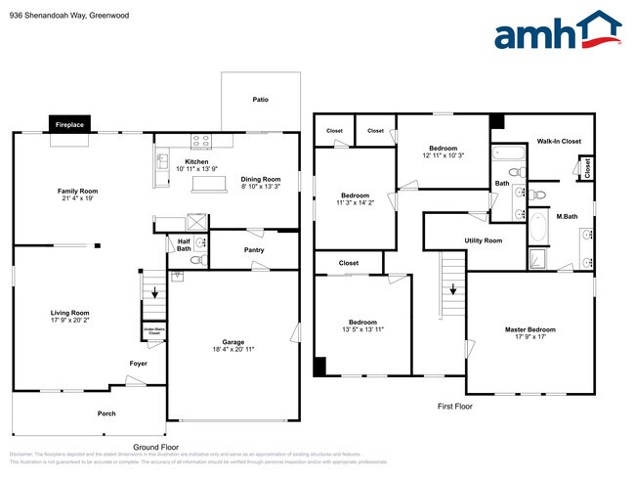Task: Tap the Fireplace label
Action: (x=69, y=125)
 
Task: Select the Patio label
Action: (x=260, y=100)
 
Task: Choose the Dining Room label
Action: (x=261, y=179)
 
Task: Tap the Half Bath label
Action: (x=184, y=245)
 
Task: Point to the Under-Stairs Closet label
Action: (x=154, y=331)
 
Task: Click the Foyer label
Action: (x=139, y=364)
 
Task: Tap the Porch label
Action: (x=106, y=413)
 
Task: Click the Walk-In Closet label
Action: (x=559, y=142)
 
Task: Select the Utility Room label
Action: (x=483, y=240)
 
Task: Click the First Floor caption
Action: (x=453, y=405)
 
